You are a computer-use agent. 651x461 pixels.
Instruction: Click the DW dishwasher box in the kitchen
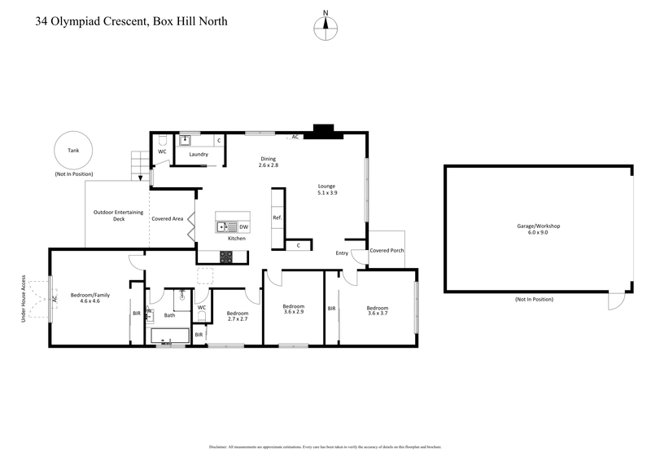click(243, 226)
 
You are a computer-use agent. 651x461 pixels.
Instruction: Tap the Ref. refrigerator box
click(277, 217)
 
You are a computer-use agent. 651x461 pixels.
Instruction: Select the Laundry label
click(199, 154)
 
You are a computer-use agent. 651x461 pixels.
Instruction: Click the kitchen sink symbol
click(225, 226)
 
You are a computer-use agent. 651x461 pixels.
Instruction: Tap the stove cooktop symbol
click(225, 257)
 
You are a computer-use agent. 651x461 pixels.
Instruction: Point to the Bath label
click(169, 315)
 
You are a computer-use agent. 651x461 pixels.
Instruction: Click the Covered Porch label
click(387, 251)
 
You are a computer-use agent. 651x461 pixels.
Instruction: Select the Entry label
click(342, 253)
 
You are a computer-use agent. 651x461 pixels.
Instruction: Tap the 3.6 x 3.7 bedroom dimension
click(379, 314)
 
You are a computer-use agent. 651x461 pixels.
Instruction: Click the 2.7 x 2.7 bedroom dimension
click(237, 319)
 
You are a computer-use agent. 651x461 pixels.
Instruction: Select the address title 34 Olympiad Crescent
click(131, 21)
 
